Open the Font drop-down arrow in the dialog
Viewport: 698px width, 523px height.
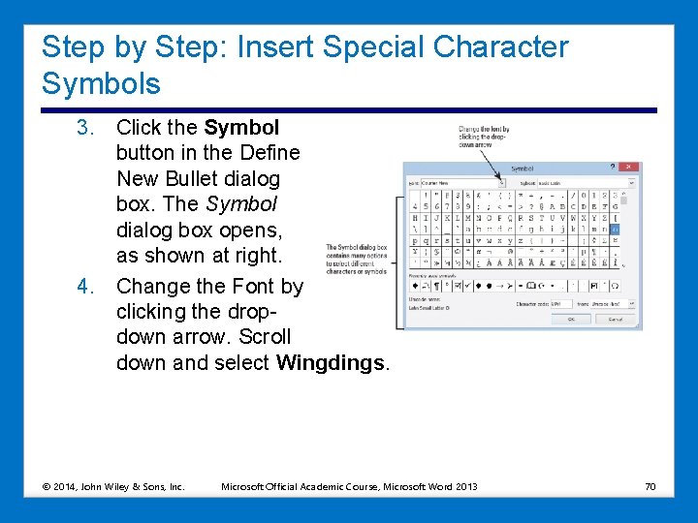(x=500, y=182)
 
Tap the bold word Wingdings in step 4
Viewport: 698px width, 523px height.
(x=331, y=363)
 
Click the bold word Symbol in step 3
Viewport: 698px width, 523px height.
(x=241, y=128)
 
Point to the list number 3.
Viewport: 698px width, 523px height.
(x=85, y=128)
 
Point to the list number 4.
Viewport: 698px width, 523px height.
(x=85, y=287)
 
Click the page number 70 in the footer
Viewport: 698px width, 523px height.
(x=650, y=486)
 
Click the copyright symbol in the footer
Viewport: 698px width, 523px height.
(x=48, y=486)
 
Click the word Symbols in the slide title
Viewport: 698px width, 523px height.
(x=101, y=84)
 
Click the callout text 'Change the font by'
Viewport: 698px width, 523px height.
(x=484, y=129)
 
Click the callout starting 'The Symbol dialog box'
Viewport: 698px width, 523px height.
(x=357, y=248)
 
